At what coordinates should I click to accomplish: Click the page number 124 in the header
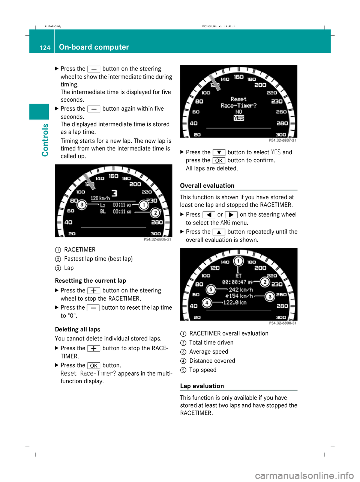(45, 48)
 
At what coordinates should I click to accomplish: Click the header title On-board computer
(94, 47)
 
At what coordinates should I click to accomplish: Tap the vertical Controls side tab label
(45, 140)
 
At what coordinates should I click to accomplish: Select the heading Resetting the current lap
(90, 281)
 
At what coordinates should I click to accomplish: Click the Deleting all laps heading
(78, 330)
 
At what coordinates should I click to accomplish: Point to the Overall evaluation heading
(207, 185)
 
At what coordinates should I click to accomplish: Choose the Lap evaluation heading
(202, 386)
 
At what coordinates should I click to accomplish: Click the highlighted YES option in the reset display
(239, 118)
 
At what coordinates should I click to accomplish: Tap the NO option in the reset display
(239, 111)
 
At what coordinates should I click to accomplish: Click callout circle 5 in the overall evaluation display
(211, 289)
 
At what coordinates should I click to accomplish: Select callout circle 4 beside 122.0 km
(206, 303)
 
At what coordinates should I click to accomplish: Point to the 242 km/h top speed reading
(241, 289)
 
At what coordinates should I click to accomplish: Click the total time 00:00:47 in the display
(234, 282)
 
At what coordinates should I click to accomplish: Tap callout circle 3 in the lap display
(82, 205)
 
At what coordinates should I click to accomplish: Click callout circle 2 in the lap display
(155, 213)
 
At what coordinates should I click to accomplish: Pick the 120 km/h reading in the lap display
(100, 198)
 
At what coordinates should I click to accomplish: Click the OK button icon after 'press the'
(219, 161)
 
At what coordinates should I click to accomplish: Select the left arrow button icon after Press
(208, 215)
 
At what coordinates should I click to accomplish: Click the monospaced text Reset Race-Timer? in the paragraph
(88, 374)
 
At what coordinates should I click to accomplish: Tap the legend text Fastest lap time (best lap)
(98, 259)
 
